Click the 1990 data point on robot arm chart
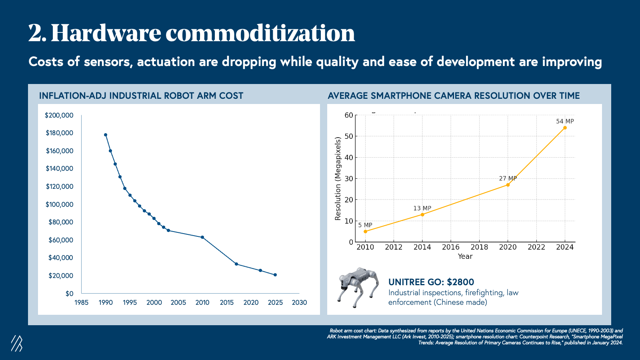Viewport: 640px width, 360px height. (106, 135)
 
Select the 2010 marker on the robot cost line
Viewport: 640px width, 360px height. (202, 237)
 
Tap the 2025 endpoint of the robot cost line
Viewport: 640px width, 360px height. (275, 275)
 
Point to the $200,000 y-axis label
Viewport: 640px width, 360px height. (59, 115)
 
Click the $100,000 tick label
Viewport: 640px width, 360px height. (59, 204)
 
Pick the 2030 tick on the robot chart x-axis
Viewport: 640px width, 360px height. (299, 302)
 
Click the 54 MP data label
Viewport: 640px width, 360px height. (565, 121)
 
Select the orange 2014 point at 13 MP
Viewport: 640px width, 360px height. (422, 215)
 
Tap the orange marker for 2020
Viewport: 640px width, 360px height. (508, 185)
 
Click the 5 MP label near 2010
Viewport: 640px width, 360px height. (365, 225)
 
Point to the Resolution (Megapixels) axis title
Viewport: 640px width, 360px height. (338, 178)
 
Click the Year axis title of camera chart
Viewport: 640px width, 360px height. (465, 256)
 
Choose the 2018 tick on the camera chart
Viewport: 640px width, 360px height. (479, 247)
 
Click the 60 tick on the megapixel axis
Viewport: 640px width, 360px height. (349, 115)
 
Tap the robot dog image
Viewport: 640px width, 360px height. (358, 287)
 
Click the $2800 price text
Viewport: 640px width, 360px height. (460, 282)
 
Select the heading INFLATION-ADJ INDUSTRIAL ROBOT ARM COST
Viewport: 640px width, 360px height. (141, 96)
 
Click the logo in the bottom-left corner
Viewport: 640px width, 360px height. (17, 343)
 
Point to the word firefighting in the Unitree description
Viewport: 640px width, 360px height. (484, 293)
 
